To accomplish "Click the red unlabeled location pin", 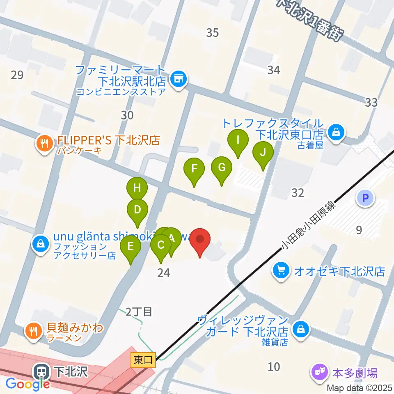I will [200, 240].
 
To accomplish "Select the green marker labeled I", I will [238, 141].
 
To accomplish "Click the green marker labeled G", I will [222, 168].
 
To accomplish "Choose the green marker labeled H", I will [137, 189].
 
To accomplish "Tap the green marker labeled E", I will [131, 247].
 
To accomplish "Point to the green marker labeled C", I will [160, 246].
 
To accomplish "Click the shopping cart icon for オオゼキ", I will [281, 270].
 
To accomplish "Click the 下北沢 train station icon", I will [41, 372].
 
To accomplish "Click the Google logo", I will [28, 384].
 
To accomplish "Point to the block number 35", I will [212, 32].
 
